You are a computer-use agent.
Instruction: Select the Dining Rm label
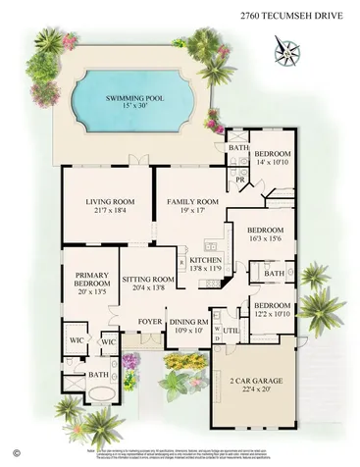[x=190, y=321]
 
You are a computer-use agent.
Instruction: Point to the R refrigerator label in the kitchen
[x=182, y=262]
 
